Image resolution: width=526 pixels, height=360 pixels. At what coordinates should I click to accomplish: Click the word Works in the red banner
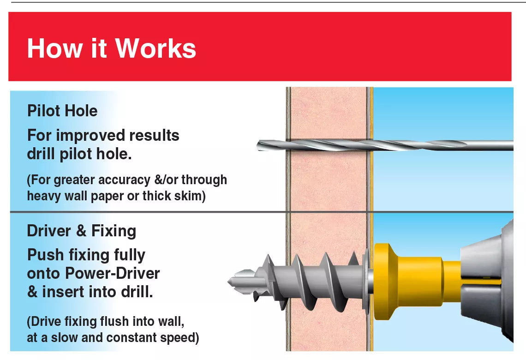(155, 48)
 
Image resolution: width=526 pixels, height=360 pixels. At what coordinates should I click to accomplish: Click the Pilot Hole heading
(62, 111)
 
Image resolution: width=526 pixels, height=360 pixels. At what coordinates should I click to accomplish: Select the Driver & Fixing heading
(81, 231)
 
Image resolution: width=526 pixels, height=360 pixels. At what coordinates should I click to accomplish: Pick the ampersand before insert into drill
(33, 292)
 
